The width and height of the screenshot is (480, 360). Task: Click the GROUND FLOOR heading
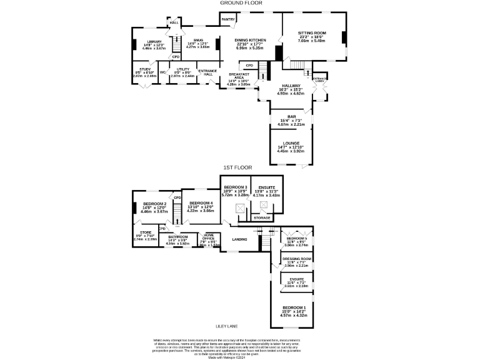point(240,3)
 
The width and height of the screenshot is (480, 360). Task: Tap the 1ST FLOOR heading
point(238,167)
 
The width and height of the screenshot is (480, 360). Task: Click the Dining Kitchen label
point(250,40)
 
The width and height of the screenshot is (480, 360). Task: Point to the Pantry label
point(227,19)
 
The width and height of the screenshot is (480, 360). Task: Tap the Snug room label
point(198,40)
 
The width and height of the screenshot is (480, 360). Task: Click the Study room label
point(145,69)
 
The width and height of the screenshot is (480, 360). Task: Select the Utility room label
point(183,69)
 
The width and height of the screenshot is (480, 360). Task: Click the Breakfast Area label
point(239,75)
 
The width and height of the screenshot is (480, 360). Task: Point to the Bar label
point(291,116)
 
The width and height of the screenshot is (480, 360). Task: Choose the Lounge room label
point(291,143)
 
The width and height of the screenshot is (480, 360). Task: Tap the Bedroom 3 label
point(237,187)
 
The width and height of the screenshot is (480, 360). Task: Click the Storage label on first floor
point(262,217)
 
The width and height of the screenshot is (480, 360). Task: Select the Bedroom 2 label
point(154,204)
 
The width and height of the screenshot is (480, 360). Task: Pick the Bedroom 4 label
point(201,203)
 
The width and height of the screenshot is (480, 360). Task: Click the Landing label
point(239,239)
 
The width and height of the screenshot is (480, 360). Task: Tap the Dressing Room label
point(297,259)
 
